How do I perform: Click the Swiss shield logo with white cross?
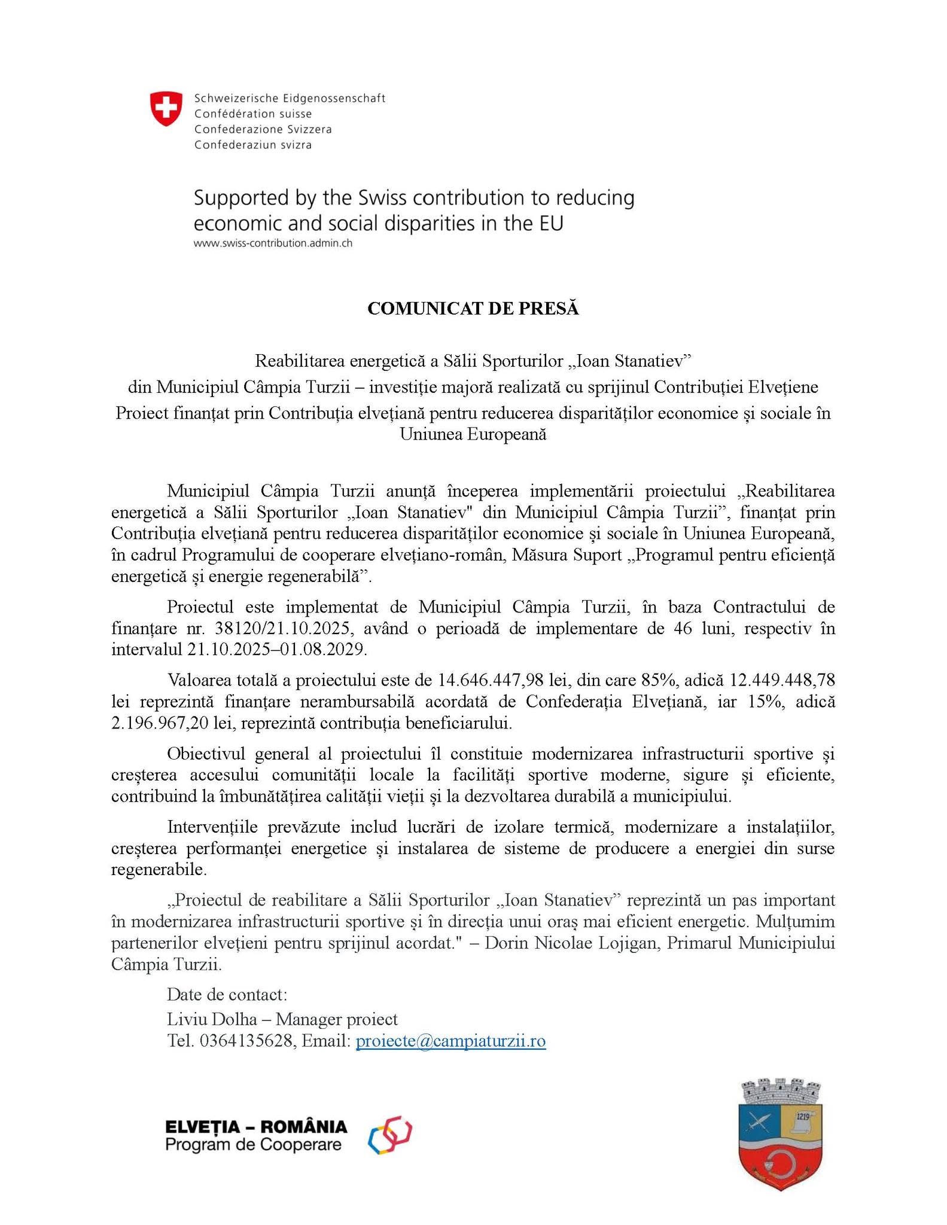coord(166,108)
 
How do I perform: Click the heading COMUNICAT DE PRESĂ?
coord(473,309)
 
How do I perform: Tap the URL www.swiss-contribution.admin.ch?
coord(273,243)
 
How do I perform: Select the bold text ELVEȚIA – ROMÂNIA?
coord(256,1127)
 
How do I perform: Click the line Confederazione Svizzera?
coord(263,129)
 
